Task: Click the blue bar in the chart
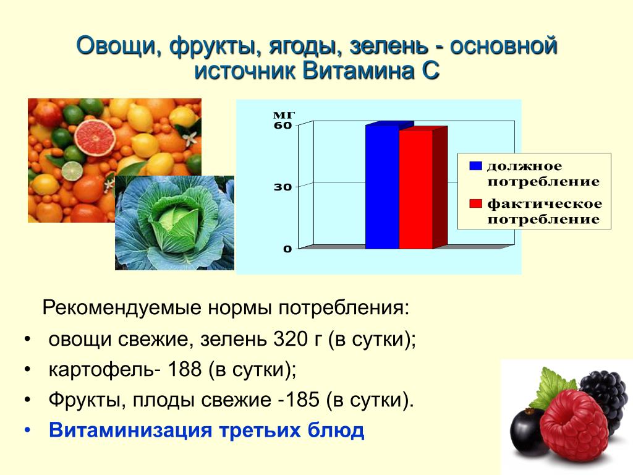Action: tap(382, 187)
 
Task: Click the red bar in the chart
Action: tap(416, 189)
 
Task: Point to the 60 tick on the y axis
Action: tap(283, 125)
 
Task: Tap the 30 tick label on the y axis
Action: tap(283, 187)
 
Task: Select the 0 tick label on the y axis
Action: tap(287, 249)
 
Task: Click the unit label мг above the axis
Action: tap(284, 114)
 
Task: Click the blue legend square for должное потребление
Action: tap(475, 166)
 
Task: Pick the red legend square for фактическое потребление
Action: tap(475, 203)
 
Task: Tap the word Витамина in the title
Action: tap(358, 71)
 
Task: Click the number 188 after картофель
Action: tap(184, 369)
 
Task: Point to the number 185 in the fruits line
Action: tap(302, 400)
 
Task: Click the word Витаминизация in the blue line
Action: tap(130, 430)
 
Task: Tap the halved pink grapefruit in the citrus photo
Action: tap(95, 137)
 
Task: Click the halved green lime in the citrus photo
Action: tap(72, 171)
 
